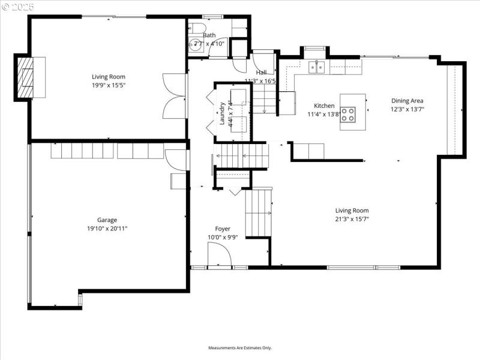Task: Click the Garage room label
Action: coord(107,220)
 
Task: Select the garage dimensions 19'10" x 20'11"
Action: coord(107,228)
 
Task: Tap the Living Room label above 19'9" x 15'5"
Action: coord(109,76)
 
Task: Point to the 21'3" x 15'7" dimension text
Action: coord(352,219)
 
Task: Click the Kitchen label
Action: coord(324,106)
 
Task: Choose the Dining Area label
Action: coord(407,101)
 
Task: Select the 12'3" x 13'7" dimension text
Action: coord(407,109)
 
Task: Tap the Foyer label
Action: coord(223,229)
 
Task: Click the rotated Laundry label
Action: coord(221,113)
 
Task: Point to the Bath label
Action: coord(209,35)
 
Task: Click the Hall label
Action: coord(261,72)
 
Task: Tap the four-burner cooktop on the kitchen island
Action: coord(348,114)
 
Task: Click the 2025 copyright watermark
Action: coord(19,8)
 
